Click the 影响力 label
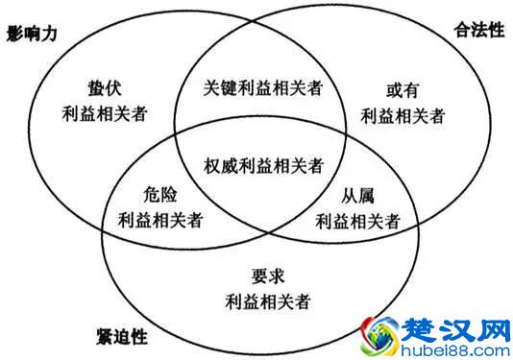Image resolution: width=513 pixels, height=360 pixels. click(32, 33)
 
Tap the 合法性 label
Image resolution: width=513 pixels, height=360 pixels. click(477, 30)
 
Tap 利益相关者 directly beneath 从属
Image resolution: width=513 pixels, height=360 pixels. click(357, 219)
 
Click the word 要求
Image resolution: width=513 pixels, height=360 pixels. click(268, 276)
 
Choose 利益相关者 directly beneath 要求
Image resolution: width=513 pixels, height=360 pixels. click(268, 301)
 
